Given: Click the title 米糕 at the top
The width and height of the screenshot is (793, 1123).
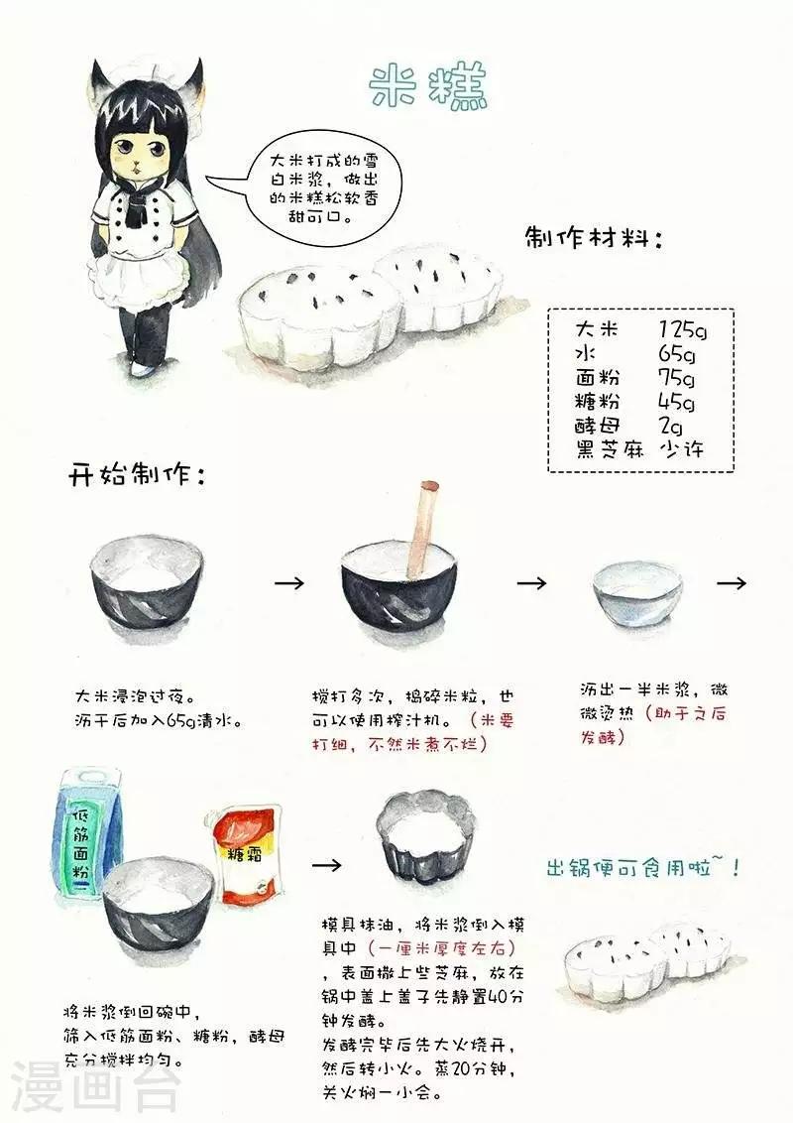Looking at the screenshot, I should (428, 88).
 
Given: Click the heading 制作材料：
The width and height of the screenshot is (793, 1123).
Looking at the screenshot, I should (594, 239).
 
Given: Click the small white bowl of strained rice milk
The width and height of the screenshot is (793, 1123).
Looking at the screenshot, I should (636, 592).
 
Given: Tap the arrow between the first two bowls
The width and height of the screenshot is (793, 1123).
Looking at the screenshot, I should (289, 583).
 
